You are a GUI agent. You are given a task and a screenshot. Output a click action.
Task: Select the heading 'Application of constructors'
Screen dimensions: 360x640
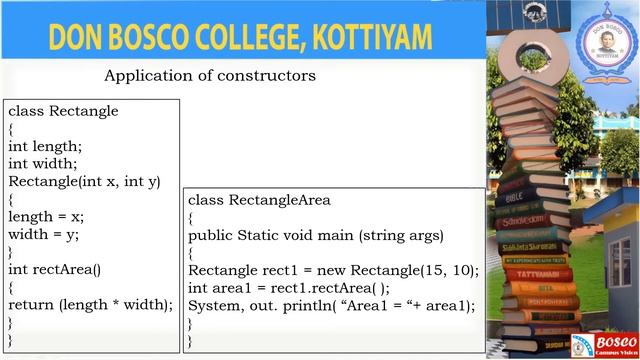[210, 75]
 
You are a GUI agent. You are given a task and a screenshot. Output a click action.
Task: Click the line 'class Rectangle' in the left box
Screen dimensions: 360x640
[63, 111]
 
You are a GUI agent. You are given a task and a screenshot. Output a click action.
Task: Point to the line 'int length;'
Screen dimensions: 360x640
[45, 146]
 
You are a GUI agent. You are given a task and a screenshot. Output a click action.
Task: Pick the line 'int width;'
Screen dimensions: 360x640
[43, 163]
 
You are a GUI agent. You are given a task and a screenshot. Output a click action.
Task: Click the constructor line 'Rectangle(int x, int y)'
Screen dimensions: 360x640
[84, 181]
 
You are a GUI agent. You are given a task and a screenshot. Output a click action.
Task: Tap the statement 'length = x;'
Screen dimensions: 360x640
[46, 216]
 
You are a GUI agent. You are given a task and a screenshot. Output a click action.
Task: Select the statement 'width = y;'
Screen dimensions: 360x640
[43, 234]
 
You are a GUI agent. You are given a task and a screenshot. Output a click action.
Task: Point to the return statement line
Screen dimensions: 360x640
[91, 304]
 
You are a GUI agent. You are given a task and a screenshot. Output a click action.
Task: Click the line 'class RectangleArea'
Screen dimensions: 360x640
[259, 200]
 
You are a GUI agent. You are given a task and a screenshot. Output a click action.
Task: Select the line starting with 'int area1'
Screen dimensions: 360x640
[288, 289]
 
